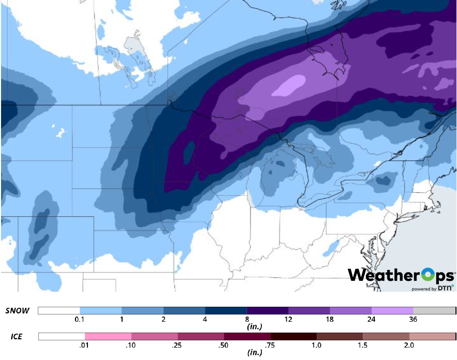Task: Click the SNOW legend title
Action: point(18,311)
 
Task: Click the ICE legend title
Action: point(16,337)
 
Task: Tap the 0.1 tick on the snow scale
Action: point(80,320)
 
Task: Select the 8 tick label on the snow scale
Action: point(247,320)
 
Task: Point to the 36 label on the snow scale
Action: point(413,320)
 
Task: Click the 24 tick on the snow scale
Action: point(371,320)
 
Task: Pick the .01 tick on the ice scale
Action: point(85,346)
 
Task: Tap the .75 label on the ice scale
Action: point(270,346)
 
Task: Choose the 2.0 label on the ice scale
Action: point(408,346)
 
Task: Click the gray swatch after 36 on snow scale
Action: point(434,310)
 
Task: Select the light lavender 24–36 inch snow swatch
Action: point(392,310)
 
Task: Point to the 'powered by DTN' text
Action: point(433,288)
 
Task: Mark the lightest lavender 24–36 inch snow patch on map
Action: point(288,85)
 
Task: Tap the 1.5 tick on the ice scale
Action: point(362,346)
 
